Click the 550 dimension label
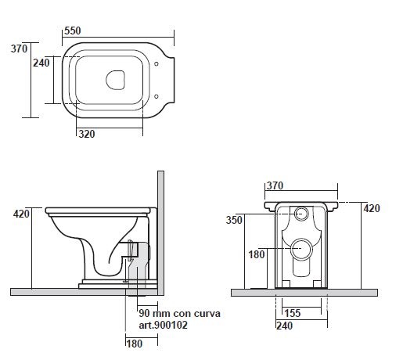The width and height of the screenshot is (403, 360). click(x=73, y=31)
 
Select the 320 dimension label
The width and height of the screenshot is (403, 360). click(x=87, y=134)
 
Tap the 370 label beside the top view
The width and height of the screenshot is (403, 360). click(x=19, y=49)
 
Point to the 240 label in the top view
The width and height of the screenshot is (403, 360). click(x=41, y=63)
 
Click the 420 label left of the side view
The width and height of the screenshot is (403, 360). click(x=21, y=214)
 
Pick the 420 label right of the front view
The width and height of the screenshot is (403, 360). click(x=372, y=208)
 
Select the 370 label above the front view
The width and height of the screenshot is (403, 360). click(x=275, y=185)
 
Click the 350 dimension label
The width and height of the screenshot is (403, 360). click(x=234, y=220)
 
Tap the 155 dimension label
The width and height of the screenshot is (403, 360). click(x=293, y=313)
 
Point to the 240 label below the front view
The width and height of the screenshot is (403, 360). click(x=284, y=326)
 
